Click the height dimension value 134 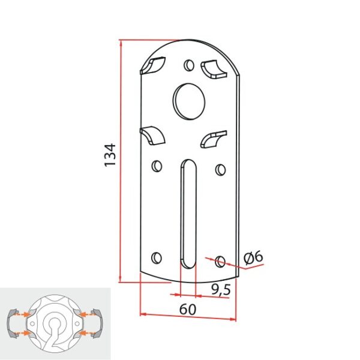110,155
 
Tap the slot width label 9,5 221,289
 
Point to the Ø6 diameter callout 253,257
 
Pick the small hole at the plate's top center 189,64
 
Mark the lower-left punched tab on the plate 154,134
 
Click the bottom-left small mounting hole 157,257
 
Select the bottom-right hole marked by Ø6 220,261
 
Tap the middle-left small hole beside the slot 157,165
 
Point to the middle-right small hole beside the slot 220,169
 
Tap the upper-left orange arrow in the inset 23,313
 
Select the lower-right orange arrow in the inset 88,331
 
